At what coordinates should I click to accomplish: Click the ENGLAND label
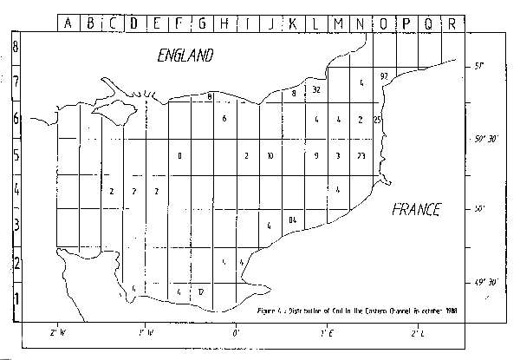pyautogui.click(x=185, y=56)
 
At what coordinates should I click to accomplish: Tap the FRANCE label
pyautogui.click(x=416, y=209)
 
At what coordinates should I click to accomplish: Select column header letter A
pyautogui.click(x=68, y=23)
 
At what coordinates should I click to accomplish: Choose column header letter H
pyautogui.click(x=225, y=23)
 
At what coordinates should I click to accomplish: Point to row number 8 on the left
pyautogui.click(x=15, y=46)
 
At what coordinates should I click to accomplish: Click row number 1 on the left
pyautogui.click(x=15, y=298)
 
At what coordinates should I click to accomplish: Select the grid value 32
pyautogui.click(x=317, y=90)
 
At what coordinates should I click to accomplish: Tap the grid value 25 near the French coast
pyautogui.click(x=377, y=119)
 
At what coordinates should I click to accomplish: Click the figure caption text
pyautogui.click(x=357, y=308)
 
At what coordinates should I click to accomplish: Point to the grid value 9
pyautogui.click(x=316, y=156)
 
